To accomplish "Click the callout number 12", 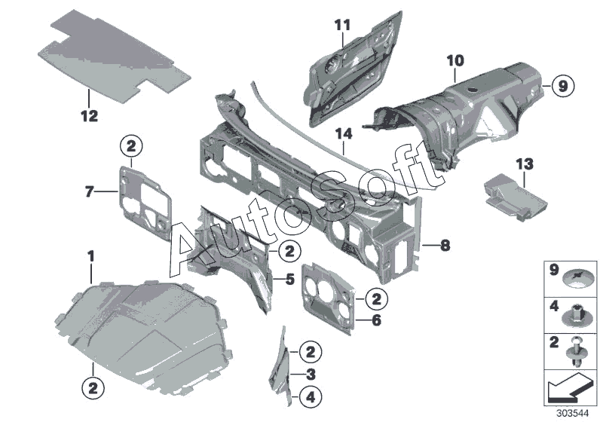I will point(90,116).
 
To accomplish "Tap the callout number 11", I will point(343,25).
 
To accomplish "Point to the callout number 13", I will point(524,163).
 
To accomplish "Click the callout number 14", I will point(344,134).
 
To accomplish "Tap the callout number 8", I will point(445,245).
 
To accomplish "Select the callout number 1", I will point(90,257).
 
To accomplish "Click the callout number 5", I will point(289,280).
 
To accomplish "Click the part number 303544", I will point(574,413).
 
